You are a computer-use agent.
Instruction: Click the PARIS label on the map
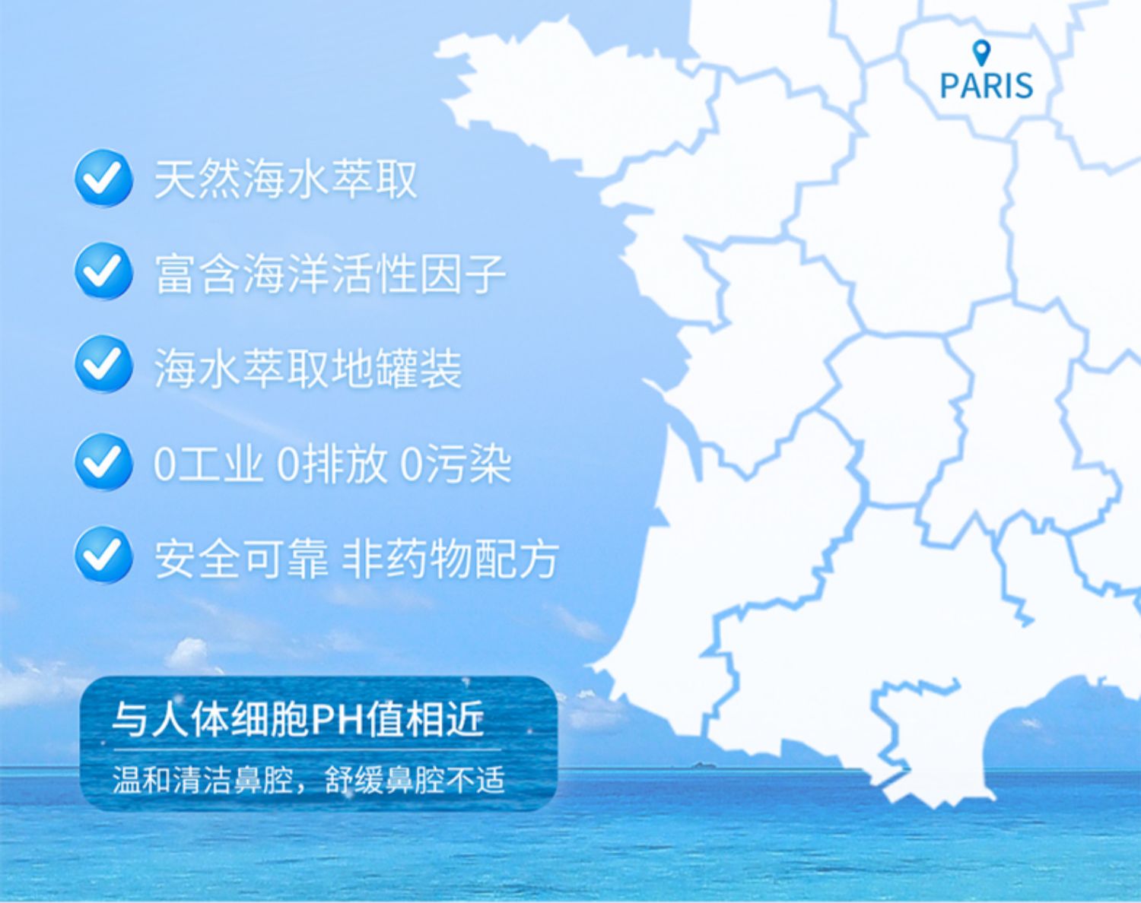(x=986, y=86)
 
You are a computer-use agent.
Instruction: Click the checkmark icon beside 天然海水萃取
(x=103, y=178)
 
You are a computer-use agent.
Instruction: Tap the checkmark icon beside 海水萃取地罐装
(x=103, y=364)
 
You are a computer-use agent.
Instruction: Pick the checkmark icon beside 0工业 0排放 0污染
(x=103, y=461)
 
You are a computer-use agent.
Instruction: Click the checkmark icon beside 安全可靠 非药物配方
(x=103, y=555)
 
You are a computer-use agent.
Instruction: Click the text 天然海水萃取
(x=285, y=179)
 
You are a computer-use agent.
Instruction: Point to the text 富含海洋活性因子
(x=330, y=273)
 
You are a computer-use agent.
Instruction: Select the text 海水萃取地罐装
(x=307, y=368)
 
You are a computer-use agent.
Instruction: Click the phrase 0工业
(x=208, y=464)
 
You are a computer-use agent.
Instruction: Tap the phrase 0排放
(x=332, y=464)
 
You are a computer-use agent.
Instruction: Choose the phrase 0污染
(x=456, y=464)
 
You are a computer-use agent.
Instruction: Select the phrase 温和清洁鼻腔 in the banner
(x=202, y=780)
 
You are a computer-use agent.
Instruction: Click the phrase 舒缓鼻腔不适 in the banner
(x=415, y=780)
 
